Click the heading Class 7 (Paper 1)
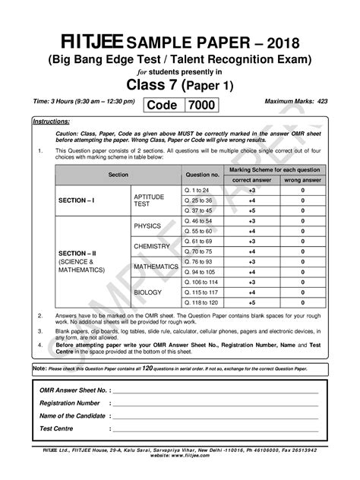pos(179,84)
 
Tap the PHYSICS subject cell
pos(148,226)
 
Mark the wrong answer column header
pos(302,179)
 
